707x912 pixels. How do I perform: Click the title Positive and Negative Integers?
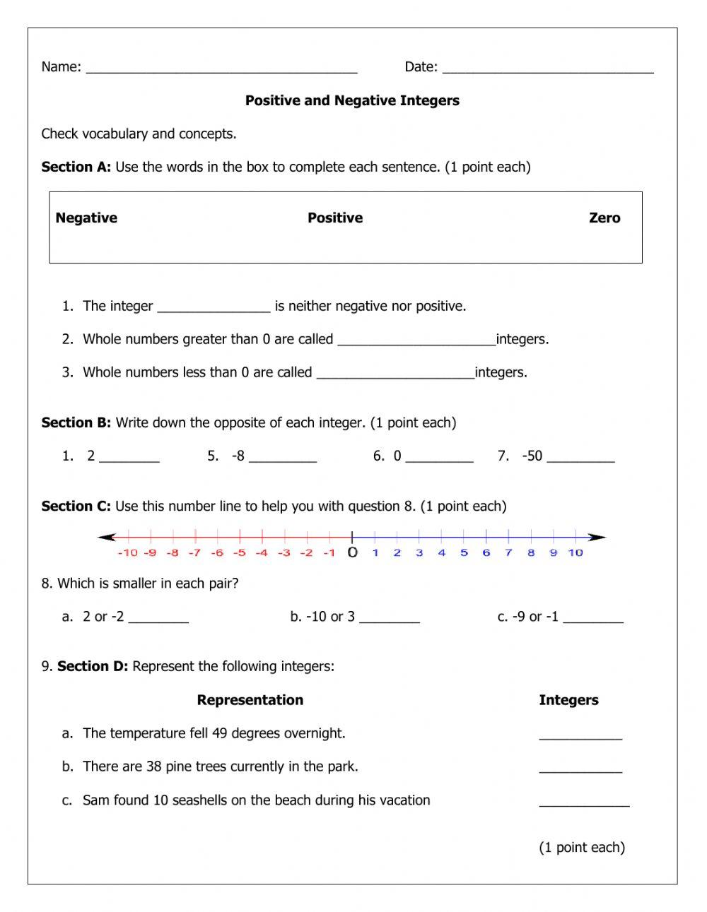coord(352,100)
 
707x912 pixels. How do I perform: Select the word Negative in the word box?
coord(86,218)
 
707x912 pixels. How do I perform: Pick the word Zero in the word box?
coord(604,218)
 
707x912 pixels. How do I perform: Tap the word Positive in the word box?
coord(335,218)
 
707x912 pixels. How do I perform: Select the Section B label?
coord(76,422)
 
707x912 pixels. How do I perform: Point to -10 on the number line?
coord(127,553)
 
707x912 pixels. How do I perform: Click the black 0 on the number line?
coord(352,553)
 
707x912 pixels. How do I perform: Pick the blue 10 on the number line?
coord(575,553)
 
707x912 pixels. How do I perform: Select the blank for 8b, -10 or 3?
coord(389,620)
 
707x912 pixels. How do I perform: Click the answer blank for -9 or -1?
coord(593,620)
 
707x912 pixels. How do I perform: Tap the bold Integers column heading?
coord(568,700)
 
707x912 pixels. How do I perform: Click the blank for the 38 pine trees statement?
coord(580,769)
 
